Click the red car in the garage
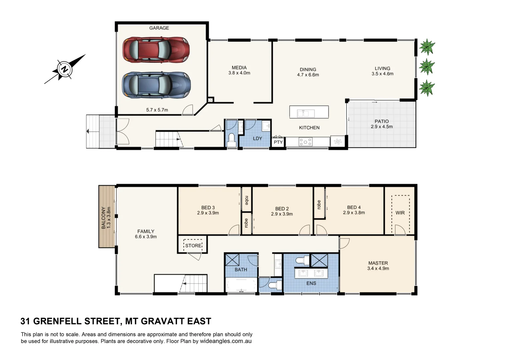(x=156, y=50)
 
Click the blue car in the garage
(x=156, y=85)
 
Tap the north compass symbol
(x=64, y=70)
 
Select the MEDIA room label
(x=239, y=68)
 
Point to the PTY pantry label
(x=278, y=142)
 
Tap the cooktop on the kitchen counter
(x=305, y=142)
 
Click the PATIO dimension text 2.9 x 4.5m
(x=382, y=127)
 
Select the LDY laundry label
(x=257, y=138)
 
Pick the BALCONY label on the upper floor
(x=104, y=217)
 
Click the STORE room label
(x=193, y=246)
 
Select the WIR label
(x=400, y=213)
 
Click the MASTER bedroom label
(x=378, y=263)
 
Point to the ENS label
(x=311, y=283)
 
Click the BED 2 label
(x=282, y=209)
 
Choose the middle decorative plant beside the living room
(x=427, y=67)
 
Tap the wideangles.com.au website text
(x=226, y=341)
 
